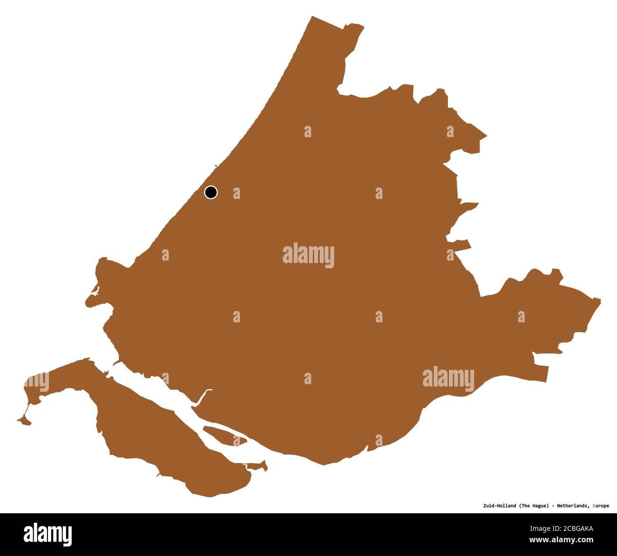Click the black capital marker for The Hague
pyautogui.click(x=211, y=192)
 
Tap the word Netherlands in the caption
pyautogui.click(x=574, y=506)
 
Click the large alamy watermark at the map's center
pyautogui.click(x=308, y=256)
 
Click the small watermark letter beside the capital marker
pyautogui.click(x=236, y=193)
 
